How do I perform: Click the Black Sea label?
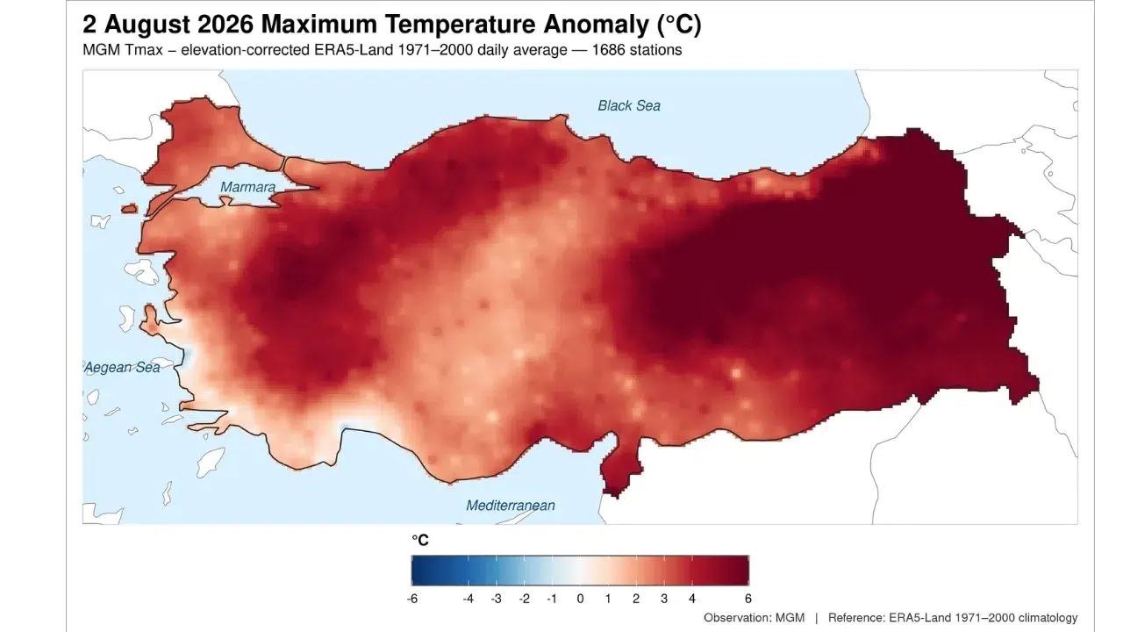coord(629,106)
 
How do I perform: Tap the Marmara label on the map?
coord(247,187)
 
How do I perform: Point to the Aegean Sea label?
coord(122,368)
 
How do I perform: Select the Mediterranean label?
coord(511,505)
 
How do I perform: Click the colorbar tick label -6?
coord(412,599)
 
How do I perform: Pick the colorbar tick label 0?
coord(580,599)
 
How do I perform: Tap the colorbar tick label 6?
coord(748,599)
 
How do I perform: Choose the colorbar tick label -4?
coord(468,599)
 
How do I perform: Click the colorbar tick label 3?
coord(664,599)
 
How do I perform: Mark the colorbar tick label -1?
coord(552,599)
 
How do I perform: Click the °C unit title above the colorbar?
coord(420,540)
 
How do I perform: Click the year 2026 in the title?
coord(225,24)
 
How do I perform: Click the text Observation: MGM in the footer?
coord(754,617)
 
